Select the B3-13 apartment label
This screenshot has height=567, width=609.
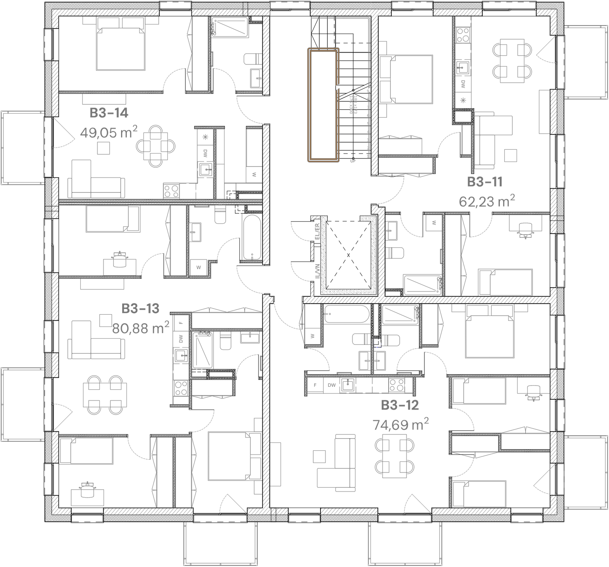[140, 308]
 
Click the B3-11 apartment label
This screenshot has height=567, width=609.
[485, 182]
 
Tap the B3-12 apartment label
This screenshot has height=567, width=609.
[400, 405]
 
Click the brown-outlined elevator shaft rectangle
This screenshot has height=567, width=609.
[324, 105]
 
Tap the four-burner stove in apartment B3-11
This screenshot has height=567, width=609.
[462, 35]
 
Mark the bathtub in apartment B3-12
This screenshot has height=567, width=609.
[346, 314]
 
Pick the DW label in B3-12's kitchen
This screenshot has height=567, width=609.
[332, 385]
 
